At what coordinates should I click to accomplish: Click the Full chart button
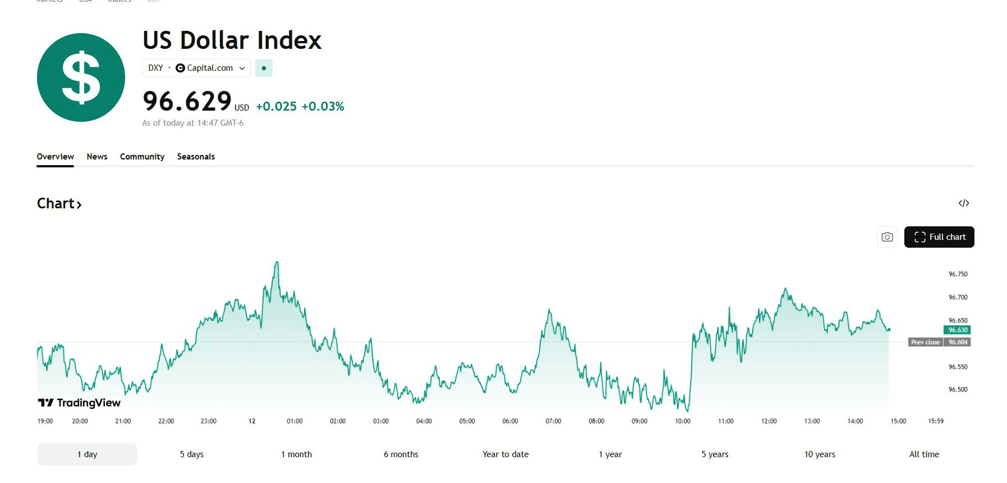[939, 237]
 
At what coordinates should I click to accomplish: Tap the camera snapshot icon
[887, 237]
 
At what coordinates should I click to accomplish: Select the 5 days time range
[192, 454]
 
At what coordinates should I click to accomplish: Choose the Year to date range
[505, 454]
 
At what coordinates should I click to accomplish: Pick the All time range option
[924, 454]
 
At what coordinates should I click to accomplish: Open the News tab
[97, 157]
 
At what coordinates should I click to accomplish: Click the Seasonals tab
[196, 157]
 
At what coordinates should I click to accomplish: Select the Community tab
[142, 157]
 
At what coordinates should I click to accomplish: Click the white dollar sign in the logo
[81, 78]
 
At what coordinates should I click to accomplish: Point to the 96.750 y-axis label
[958, 274]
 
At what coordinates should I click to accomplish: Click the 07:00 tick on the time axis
[553, 421]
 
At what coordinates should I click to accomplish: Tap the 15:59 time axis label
[936, 421]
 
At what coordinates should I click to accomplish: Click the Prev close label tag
[925, 342]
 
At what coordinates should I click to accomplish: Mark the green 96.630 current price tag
[957, 330]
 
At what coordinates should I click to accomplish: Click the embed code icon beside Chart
[964, 203]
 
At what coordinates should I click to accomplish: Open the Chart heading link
[59, 203]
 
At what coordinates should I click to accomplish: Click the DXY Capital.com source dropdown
[196, 68]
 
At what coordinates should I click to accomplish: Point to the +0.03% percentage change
[323, 107]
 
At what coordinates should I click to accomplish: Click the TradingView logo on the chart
[79, 403]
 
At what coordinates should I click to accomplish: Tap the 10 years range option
[820, 454]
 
